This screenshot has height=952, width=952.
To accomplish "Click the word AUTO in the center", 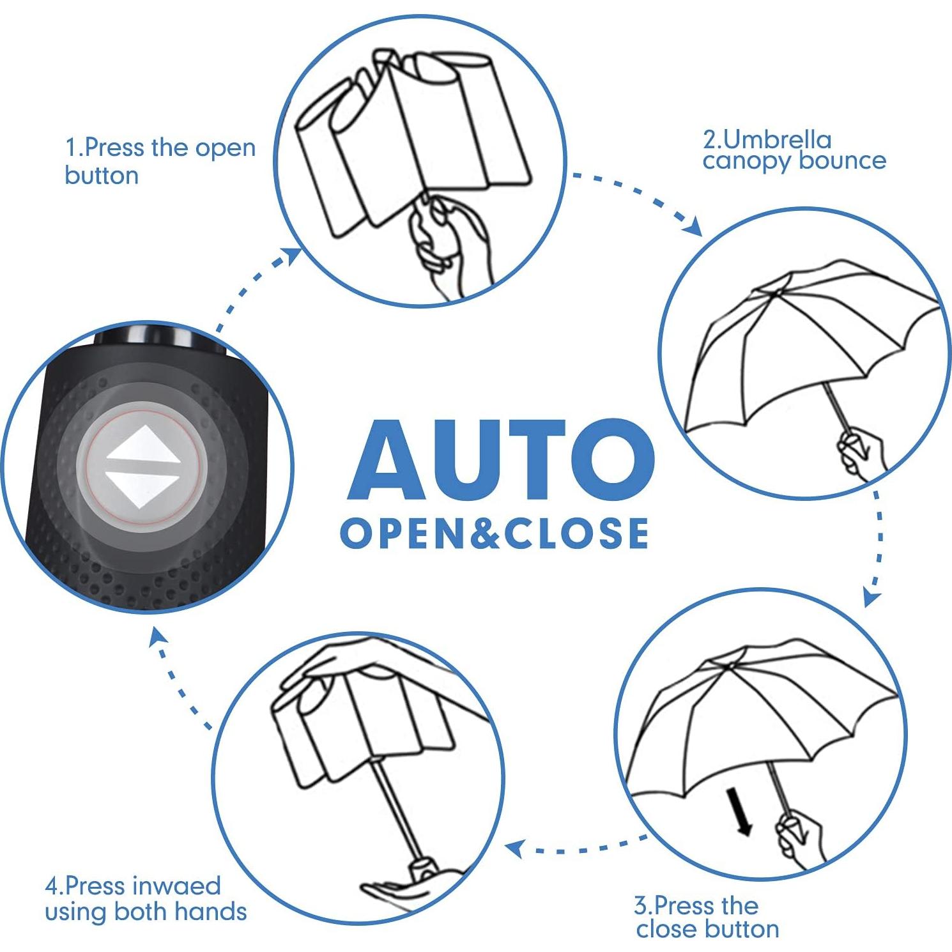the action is click(x=501, y=460).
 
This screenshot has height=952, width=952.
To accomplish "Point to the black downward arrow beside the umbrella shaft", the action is click(x=739, y=811).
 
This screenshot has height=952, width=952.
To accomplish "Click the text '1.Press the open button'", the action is click(x=160, y=161).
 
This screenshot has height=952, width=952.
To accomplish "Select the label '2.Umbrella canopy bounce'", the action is click(x=794, y=150).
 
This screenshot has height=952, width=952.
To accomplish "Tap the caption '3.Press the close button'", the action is click(x=707, y=917).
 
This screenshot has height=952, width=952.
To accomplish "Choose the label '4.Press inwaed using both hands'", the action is click(x=146, y=898).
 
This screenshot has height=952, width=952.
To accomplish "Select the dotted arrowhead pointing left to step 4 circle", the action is click(x=515, y=848).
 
